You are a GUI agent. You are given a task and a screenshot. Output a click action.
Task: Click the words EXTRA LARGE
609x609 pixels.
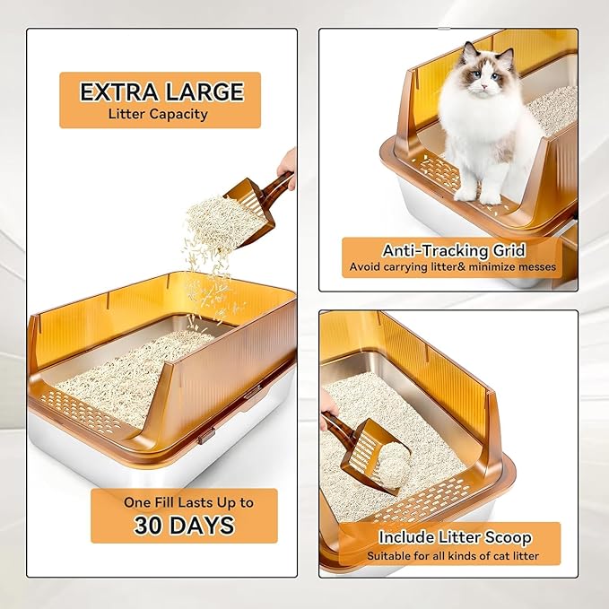(x=161, y=92)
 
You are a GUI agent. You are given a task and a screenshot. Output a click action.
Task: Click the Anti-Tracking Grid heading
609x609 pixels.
(x=453, y=251)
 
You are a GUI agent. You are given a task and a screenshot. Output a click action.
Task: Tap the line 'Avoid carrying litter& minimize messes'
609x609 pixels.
(x=453, y=267)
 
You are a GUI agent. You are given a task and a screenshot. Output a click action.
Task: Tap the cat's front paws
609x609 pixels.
(x=479, y=193)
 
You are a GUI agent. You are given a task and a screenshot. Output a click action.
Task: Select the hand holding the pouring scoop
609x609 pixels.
(x=287, y=164)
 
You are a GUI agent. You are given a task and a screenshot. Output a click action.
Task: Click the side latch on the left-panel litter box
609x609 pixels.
(x=206, y=435)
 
